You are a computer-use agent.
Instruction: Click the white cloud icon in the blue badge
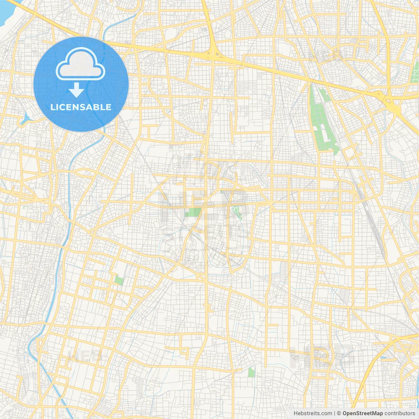[x=81, y=64]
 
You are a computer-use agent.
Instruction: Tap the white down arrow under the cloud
[x=77, y=90]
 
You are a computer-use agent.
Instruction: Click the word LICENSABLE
[x=81, y=107]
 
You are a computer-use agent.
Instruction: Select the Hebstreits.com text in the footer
[x=313, y=413]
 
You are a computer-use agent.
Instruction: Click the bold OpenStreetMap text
[x=363, y=413]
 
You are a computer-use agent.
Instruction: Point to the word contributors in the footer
[x=400, y=413]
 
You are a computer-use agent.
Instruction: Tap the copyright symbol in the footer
[x=339, y=413]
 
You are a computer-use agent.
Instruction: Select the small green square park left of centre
[x=119, y=281]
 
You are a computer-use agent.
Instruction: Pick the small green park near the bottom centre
[x=251, y=372]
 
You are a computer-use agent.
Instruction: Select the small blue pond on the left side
[x=25, y=119]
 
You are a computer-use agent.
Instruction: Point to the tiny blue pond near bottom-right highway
[x=384, y=357]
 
